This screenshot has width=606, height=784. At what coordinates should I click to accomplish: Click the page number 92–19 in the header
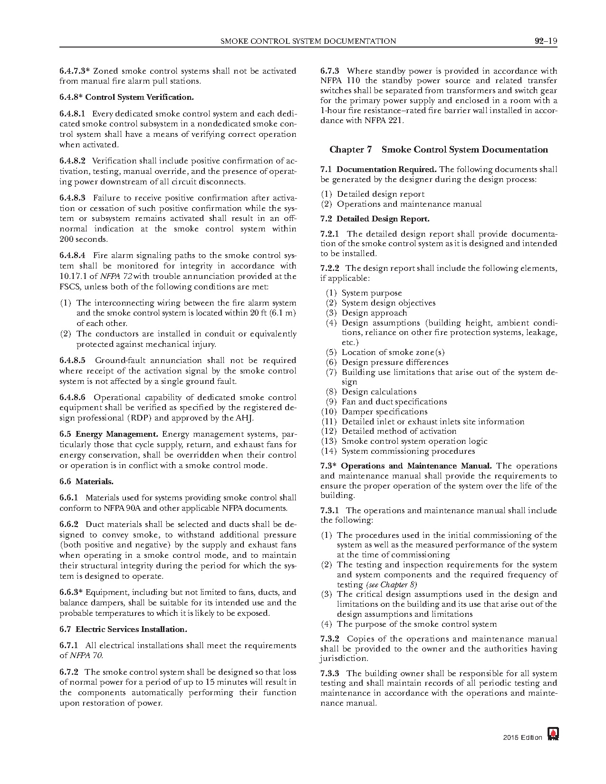(x=545, y=41)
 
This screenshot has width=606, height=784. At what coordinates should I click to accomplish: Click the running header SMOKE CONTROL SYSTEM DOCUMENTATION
(x=308, y=41)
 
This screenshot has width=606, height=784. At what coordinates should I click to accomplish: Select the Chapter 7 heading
(x=438, y=150)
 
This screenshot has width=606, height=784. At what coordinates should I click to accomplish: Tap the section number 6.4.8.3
(x=73, y=198)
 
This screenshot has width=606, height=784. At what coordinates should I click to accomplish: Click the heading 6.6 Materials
(x=87, y=481)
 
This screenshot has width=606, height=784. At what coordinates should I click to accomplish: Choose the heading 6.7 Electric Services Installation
(x=123, y=629)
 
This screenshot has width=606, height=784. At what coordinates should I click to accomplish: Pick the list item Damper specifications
(x=384, y=411)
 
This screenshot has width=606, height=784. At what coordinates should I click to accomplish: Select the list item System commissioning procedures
(x=408, y=451)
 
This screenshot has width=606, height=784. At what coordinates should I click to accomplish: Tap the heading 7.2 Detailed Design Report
(x=375, y=219)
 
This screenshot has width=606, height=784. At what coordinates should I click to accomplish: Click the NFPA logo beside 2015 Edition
(x=553, y=734)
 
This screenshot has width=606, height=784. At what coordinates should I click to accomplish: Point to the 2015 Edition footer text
(x=522, y=737)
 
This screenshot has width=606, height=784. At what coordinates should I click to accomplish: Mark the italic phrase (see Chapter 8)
(x=391, y=584)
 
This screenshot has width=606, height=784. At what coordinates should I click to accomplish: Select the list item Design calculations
(x=379, y=392)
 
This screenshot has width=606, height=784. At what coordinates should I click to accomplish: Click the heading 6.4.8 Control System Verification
(x=126, y=97)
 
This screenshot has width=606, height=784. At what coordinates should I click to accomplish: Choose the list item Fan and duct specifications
(x=394, y=402)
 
